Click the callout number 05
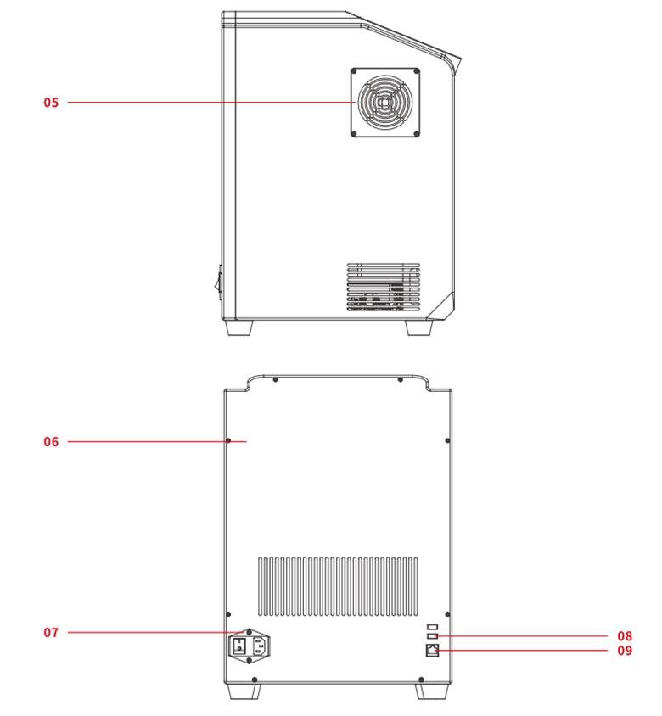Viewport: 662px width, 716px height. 51,103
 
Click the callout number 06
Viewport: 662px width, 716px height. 51,442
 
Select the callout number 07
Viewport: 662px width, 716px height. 51,632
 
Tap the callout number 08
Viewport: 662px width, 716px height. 625,635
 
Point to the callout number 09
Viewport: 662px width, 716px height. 625,650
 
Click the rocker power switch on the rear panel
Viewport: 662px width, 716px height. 239,646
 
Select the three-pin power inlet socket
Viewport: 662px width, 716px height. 259,646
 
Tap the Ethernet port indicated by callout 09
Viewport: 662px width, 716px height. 432,650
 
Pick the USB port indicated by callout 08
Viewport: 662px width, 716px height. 432,635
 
